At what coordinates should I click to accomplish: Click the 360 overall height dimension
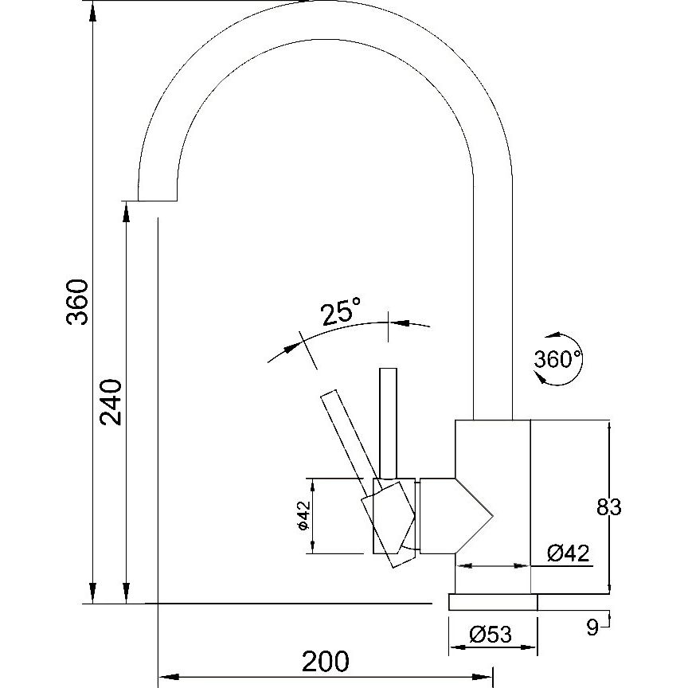77,302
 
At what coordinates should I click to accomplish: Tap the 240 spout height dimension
111,402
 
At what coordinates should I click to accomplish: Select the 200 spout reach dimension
326,661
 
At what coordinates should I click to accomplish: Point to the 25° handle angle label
341,311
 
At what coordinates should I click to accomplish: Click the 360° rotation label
557,359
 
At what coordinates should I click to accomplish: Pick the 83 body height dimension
609,507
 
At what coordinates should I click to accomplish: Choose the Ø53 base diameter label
491,635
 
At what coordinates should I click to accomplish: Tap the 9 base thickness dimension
592,628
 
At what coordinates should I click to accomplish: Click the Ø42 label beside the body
569,553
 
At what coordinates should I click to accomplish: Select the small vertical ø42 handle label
303,515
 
